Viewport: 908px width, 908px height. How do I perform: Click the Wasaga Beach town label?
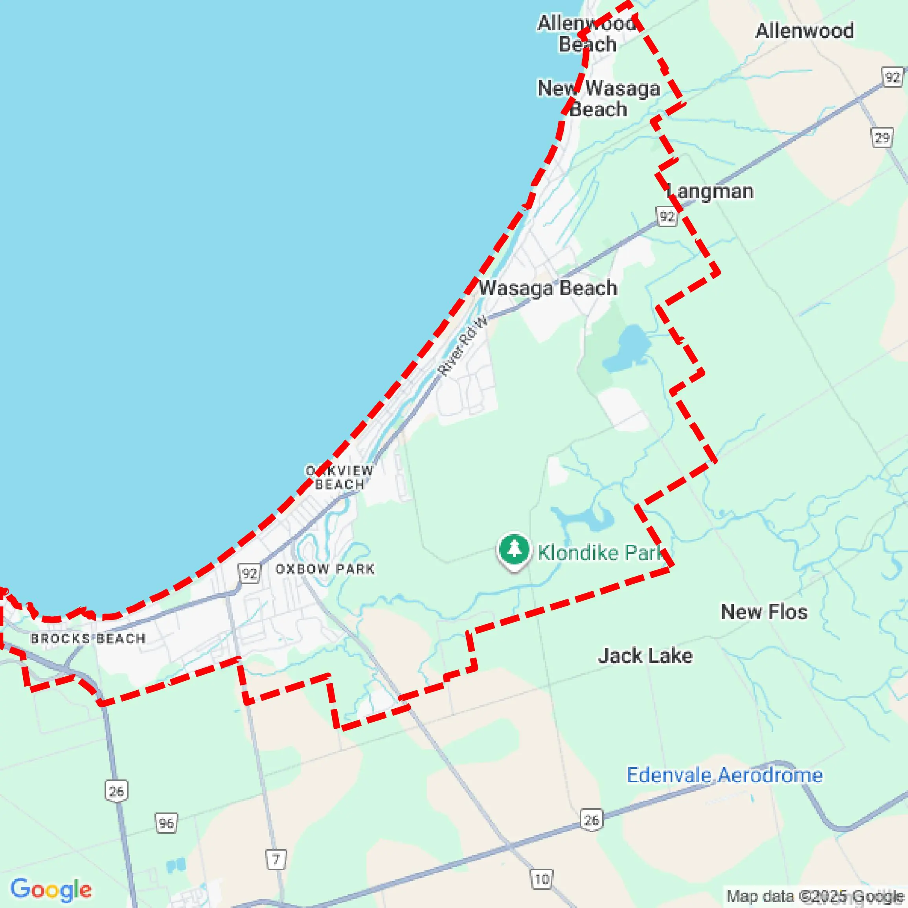[548, 288]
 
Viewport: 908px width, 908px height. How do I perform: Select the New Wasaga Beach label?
[599, 99]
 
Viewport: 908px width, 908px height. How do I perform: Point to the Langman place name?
[710, 192]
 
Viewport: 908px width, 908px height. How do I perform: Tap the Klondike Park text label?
[601, 553]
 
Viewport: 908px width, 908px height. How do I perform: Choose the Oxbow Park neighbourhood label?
[325, 569]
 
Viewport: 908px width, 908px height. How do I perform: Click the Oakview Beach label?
[339, 478]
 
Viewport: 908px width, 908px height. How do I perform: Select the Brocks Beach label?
[88, 639]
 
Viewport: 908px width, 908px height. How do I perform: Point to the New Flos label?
[764, 612]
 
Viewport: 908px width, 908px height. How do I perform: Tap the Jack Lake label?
[645, 656]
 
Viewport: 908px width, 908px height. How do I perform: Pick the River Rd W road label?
[463, 346]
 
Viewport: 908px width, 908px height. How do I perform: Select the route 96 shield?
[166, 823]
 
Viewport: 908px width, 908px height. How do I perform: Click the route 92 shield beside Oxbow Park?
[249, 574]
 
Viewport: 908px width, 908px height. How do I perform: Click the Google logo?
[51, 889]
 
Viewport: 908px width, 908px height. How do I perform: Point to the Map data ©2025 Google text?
[815, 896]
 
